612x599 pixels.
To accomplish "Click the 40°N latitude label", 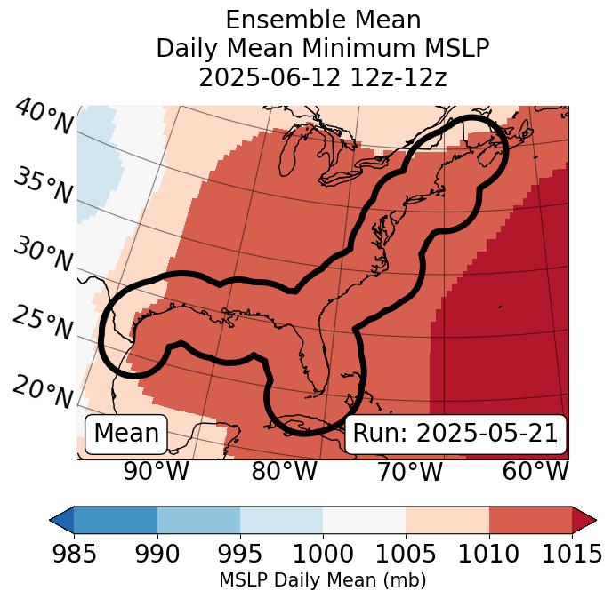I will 44,117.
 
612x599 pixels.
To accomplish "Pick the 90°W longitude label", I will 157,471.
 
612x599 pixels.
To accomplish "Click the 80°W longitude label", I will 284,471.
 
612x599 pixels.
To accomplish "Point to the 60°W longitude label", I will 535,471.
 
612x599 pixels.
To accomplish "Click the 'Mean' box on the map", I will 126,434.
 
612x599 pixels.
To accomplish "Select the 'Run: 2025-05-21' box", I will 455,434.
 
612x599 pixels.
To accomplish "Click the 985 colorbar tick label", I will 74,554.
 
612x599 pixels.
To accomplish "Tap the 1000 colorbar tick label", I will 323,554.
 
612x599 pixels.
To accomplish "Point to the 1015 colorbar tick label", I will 571,554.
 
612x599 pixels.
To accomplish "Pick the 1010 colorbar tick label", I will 488,554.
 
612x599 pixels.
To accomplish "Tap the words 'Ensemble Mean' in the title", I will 323,20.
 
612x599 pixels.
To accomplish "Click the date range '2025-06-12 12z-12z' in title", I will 323,77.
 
